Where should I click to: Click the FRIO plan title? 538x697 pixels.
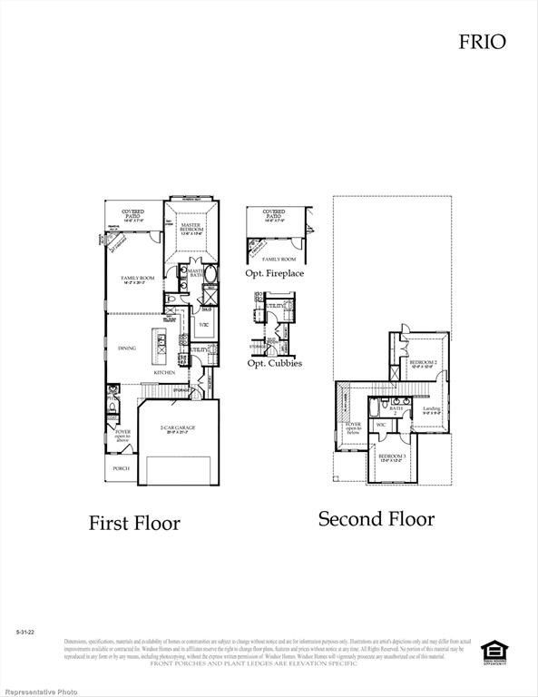482,41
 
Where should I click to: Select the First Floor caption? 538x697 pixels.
133,524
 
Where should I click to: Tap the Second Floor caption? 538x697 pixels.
376,519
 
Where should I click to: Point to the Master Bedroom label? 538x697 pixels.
191,227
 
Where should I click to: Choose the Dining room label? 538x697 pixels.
127,348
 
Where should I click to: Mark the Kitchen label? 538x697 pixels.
163,373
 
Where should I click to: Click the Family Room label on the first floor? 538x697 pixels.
139,279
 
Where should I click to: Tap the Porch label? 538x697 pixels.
121,468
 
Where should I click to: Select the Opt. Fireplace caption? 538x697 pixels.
274,273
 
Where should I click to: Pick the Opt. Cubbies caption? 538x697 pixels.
274,364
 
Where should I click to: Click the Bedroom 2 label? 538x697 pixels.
424,364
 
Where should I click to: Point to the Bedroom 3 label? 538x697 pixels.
392,456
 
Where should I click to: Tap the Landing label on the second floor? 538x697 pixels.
432,410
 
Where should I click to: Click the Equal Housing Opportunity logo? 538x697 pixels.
494,651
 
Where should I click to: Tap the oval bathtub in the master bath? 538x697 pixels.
210,275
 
